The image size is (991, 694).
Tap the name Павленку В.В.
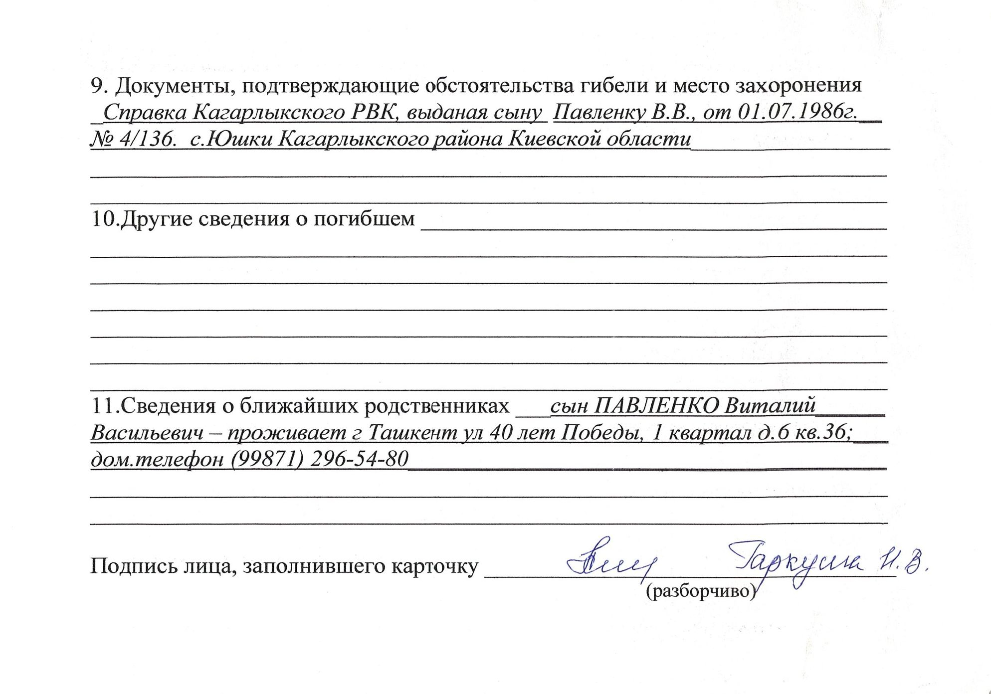point(623,113)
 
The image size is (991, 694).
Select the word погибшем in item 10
point(364,219)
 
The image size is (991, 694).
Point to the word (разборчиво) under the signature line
point(701,591)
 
